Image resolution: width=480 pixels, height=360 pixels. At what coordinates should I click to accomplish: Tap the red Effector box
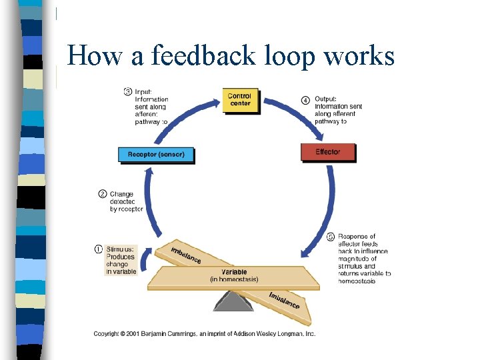327,152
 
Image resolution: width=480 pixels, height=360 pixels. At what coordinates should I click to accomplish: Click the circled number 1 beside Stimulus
99,249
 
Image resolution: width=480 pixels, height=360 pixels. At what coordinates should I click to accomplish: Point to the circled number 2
102,194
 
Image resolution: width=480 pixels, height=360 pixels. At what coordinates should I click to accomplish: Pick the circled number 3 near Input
127,91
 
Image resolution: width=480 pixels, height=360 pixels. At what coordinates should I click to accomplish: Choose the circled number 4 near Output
305,100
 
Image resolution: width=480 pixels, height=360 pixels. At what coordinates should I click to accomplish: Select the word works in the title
360,55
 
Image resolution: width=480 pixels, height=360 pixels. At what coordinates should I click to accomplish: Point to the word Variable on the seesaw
234,272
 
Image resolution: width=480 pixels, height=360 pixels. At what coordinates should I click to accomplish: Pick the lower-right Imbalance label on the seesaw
285,300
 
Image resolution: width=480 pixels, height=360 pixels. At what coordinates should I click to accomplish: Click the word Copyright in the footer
110,333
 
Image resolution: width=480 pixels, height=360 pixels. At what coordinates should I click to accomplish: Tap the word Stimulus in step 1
121,249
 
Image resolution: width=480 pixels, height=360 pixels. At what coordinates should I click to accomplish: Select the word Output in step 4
326,99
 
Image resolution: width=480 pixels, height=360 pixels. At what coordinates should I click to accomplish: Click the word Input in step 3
143,91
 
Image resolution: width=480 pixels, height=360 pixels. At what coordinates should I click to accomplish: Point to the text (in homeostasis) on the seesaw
234,279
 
